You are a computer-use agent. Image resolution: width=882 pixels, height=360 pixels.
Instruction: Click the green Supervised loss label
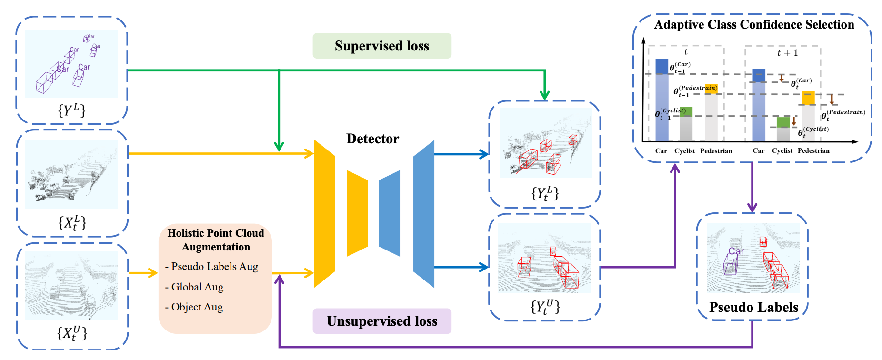(381, 46)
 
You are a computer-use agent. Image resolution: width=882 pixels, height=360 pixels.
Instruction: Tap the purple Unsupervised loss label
(381, 321)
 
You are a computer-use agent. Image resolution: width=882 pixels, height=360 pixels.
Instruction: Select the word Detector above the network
(372, 139)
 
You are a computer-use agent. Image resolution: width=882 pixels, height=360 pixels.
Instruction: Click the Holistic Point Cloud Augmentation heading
(216, 240)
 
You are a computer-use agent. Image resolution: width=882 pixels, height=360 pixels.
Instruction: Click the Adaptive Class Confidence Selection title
(754, 25)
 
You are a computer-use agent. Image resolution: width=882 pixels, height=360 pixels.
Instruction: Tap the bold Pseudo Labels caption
(753, 307)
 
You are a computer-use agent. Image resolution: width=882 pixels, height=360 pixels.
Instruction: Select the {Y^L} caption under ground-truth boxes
(72, 110)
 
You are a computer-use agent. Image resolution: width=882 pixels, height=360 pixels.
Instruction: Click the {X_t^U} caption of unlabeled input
(72, 333)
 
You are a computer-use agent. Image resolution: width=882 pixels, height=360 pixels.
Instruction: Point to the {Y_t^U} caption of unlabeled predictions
(545, 306)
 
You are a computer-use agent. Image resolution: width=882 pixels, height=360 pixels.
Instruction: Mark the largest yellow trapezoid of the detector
(324, 213)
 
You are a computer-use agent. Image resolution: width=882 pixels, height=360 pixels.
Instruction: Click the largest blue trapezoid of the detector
(424, 213)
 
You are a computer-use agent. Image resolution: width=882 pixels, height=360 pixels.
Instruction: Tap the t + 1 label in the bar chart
(787, 53)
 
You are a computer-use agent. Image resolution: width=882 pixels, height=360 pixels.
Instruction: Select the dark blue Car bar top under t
(661, 66)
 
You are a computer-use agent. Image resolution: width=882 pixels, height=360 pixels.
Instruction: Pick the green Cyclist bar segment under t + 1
(783, 122)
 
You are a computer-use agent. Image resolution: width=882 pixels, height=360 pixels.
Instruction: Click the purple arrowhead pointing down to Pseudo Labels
(752, 208)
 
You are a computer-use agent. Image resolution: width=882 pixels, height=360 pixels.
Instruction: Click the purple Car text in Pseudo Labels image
(736, 251)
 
